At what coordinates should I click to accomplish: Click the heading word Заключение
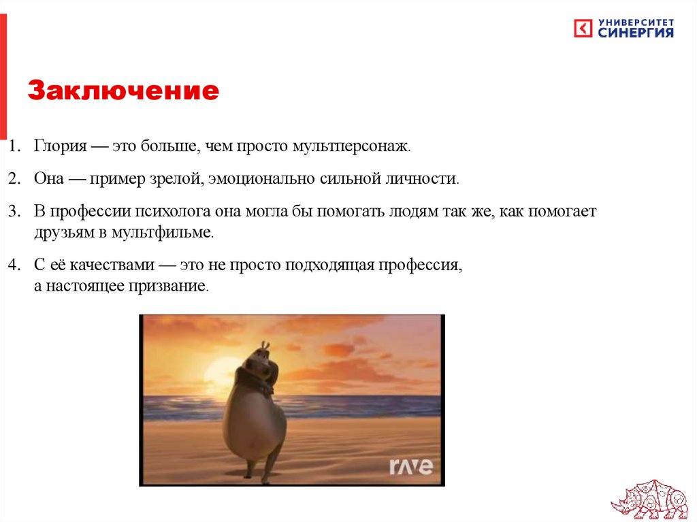(123, 91)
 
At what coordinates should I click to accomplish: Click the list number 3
(14, 212)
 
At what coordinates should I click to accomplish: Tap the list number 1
(14, 146)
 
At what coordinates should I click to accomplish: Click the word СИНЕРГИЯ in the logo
(636, 33)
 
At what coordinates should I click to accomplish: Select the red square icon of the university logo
(583, 29)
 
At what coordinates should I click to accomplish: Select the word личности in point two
(432, 179)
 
